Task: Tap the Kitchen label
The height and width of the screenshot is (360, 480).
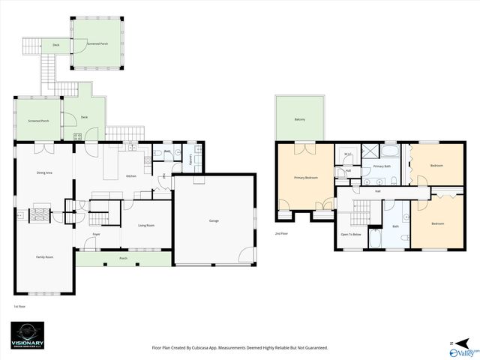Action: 131,175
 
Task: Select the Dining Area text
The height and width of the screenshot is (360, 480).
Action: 44,172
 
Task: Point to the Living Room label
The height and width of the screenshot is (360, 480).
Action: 145,225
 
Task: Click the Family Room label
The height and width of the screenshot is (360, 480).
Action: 44,257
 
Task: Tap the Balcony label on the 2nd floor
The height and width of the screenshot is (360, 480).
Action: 300,120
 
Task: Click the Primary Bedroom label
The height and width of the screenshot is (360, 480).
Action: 305,178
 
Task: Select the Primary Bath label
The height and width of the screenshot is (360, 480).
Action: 382,166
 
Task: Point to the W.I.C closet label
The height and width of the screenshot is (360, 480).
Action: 348,154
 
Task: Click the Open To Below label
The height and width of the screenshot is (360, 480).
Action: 351,235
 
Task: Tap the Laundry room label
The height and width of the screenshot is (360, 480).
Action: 190,159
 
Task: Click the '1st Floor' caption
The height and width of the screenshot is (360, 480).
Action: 20,306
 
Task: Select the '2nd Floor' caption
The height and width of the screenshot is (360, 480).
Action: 281,234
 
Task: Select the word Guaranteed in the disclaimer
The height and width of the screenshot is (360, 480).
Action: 313,348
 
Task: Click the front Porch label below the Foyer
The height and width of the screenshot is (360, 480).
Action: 124,259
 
